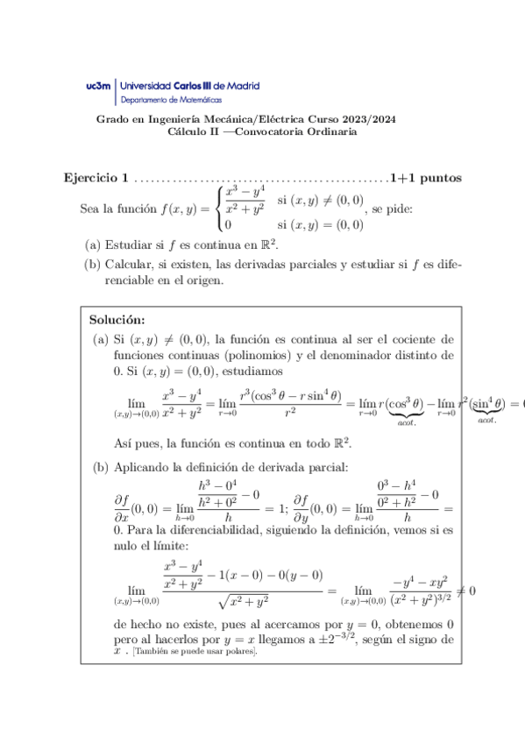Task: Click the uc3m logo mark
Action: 99,87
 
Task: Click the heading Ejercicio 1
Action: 96,178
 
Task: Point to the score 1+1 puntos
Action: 426,178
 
